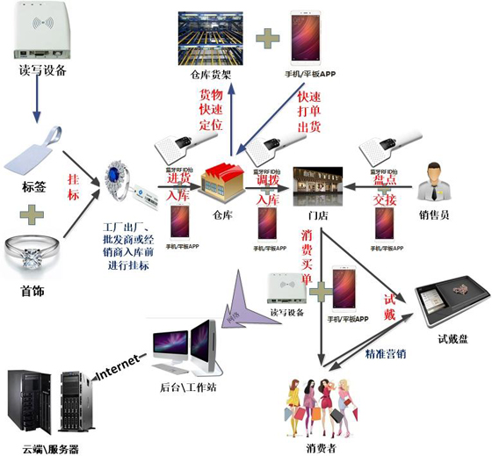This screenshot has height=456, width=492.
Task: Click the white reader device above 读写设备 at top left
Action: pos(42,31)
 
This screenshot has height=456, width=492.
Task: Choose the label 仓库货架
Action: pos(211,75)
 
